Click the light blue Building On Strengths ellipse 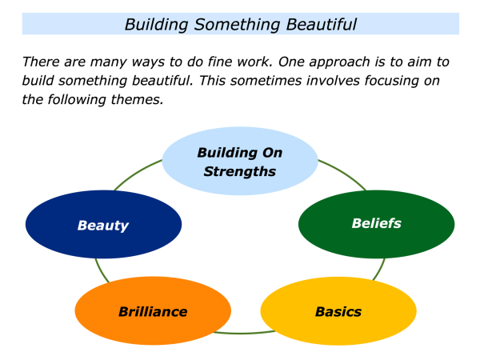click(240, 162)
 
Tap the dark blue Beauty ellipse click(103, 225)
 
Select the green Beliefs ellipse click(376, 223)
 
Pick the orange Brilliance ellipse click(153, 311)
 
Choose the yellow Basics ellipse click(338, 311)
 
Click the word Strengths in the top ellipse click(240, 171)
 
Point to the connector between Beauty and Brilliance click(98, 270)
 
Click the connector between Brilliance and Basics click(240, 332)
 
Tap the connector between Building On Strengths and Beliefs click(340, 173)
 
